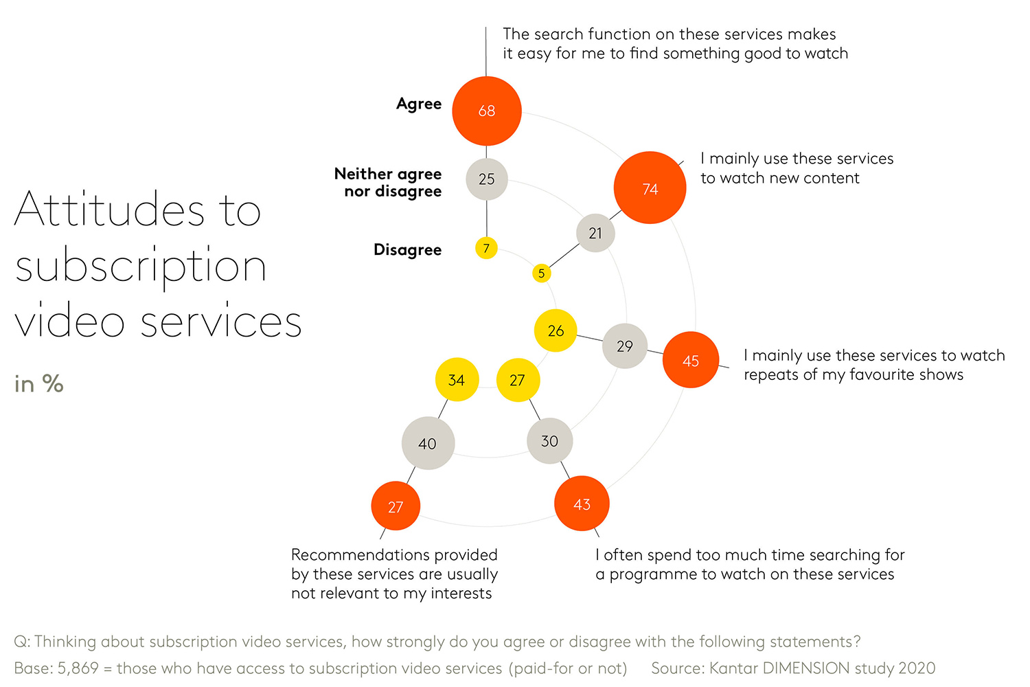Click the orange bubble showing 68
click(487, 111)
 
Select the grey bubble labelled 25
click(487, 179)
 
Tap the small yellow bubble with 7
click(486, 248)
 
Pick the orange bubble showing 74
click(650, 188)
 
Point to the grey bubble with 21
click(595, 233)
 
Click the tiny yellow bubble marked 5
click(542, 273)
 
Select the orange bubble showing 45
click(691, 360)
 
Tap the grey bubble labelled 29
click(625, 346)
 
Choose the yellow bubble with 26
click(556, 330)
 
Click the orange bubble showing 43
click(582, 504)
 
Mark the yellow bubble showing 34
click(457, 380)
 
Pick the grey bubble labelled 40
click(428, 443)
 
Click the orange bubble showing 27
click(396, 506)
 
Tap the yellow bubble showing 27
click(518, 380)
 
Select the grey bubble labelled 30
click(549, 441)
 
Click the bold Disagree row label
click(407, 249)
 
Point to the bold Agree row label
click(419, 104)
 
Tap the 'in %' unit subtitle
click(39, 383)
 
